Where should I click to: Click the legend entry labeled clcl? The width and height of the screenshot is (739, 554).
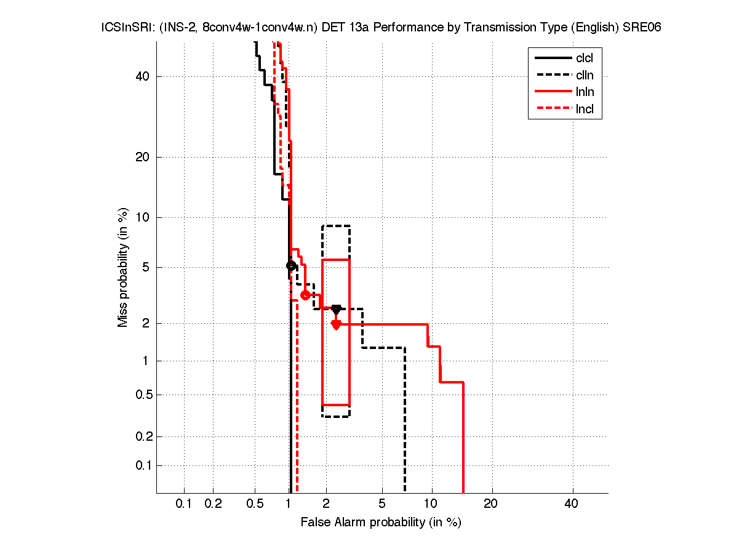pyautogui.click(x=584, y=58)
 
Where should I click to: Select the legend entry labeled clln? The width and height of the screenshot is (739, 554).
pyautogui.click(x=584, y=76)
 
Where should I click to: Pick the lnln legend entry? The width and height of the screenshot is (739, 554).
pyautogui.click(x=584, y=93)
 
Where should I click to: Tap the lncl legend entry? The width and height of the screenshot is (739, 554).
pyautogui.click(x=584, y=110)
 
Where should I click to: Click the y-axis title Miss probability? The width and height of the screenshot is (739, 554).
pyautogui.click(x=123, y=268)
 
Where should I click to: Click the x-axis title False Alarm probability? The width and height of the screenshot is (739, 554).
pyautogui.click(x=381, y=523)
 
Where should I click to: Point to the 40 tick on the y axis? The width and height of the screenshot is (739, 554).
pyautogui.click(x=143, y=76)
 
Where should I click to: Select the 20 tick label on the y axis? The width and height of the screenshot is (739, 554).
pyautogui.click(x=143, y=157)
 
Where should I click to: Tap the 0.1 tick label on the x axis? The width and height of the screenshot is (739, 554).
pyautogui.click(x=184, y=504)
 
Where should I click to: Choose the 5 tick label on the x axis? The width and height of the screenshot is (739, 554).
pyautogui.click(x=382, y=504)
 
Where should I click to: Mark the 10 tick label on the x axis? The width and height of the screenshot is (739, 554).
pyautogui.click(x=432, y=504)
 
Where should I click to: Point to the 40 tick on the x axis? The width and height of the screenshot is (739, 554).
pyautogui.click(x=572, y=504)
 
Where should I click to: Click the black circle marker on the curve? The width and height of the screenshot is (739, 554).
pyautogui.click(x=291, y=265)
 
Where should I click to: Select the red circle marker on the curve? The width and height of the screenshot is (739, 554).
pyautogui.click(x=305, y=295)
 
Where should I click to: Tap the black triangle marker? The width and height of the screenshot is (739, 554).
pyautogui.click(x=336, y=309)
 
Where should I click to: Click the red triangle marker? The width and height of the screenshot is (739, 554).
pyautogui.click(x=336, y=324)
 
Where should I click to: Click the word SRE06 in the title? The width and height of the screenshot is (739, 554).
pyautogui.click(x=642, y=28)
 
